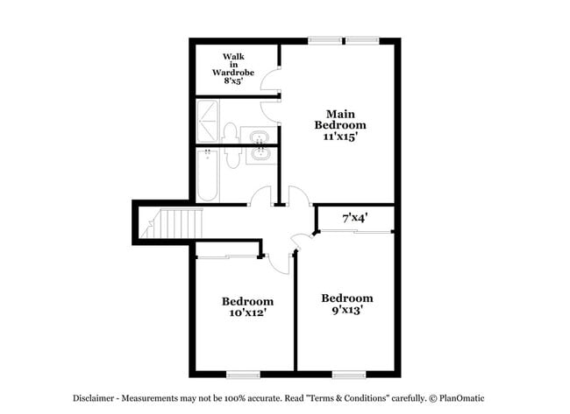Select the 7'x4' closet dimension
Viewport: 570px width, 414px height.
tap(353, 215)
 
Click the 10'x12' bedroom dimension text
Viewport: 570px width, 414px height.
tap(246, 312)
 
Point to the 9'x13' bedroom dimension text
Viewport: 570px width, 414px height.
tap(346, 309)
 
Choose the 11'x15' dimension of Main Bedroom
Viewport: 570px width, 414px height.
tap(339, 137)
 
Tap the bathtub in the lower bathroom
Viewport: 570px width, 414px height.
tap(208, 175)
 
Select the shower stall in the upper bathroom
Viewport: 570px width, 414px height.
tap(208, 122)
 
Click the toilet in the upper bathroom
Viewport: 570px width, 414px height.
tap(231, 133)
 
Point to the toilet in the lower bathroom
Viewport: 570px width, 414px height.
tap(232, 158)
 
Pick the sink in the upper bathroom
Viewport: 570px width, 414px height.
tap(259, 137)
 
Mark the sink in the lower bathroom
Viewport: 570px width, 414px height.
tap(259, 156)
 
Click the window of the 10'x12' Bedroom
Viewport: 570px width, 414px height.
tap(243, 375)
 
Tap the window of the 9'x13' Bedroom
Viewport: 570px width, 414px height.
tap(348, 375)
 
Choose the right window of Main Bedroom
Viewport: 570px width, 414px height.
tap(361, 39)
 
